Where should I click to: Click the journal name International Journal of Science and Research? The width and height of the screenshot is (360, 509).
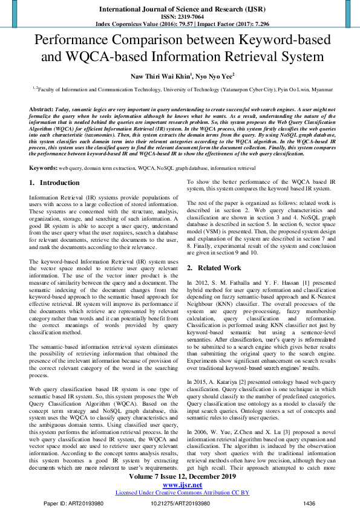(180, 10)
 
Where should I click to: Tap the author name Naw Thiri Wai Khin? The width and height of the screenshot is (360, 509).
(158, 76)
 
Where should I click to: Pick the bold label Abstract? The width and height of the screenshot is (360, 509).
(41, 108)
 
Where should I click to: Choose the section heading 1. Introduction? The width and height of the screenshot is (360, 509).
(54, 183)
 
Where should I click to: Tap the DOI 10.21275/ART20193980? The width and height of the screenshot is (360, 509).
(180, 503)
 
